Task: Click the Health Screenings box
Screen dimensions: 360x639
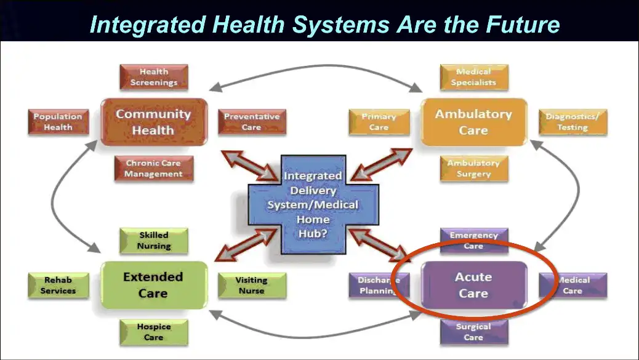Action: point(153,78)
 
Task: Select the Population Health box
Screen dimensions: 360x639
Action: point(57,122)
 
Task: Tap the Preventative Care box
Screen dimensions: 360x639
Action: point(251,122)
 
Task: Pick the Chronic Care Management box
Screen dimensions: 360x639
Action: point(153,169)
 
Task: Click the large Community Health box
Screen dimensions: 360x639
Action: point(153,122)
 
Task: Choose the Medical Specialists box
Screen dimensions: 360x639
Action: point(473,78)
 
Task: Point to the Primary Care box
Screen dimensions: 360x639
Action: point(379,122)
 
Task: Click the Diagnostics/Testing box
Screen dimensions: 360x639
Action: point(573,122)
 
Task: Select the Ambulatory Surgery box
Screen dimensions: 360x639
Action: point(473,169)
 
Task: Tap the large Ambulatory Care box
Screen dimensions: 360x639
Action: point(473,122)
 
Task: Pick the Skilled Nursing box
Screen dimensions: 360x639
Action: point(153,241)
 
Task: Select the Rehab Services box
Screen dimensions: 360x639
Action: point(57,286)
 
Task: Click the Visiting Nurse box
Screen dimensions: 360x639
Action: point(251,286)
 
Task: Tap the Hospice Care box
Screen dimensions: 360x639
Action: point(153,332)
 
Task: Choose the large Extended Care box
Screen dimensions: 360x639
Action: point(153,285)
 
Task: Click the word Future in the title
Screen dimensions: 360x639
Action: point(521,25)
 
